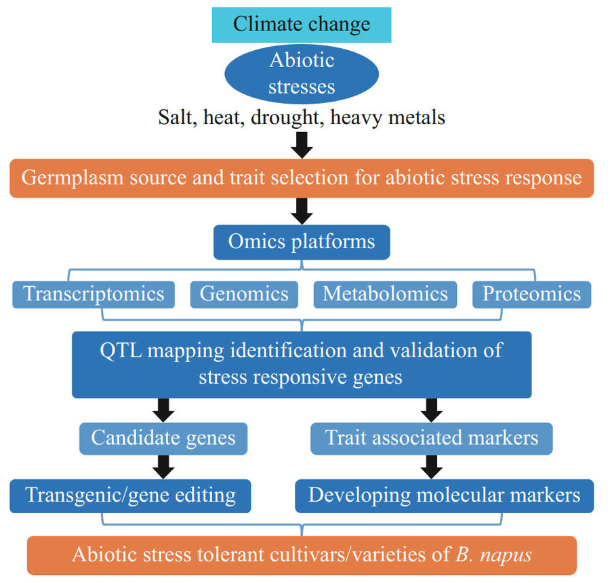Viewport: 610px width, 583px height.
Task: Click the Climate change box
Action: [x=302, y=25]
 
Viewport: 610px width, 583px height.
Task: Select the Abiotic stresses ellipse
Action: [x=302, y=73]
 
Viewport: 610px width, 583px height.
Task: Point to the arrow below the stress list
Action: [x=302, y=144]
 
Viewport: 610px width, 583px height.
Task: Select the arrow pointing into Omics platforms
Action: [x=302, y=211]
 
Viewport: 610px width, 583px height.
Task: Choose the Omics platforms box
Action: [x=302, y=242]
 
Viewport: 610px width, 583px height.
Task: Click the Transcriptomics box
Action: [x=94, y=294]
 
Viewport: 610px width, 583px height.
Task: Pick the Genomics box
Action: [x=244, y=294]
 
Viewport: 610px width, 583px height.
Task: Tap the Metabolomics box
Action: [x=385, y=294]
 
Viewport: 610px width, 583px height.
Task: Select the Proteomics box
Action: [x=531, y=294]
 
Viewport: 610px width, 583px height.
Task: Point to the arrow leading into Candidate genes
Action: [x=163, y=409]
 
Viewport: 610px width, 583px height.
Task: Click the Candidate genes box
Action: [x=163, y=437]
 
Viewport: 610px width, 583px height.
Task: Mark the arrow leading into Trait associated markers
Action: [x=432, y=409]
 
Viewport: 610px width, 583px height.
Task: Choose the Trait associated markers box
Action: [x=432, y=437]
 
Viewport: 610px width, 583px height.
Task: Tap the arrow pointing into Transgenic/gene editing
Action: [x=163, y=466]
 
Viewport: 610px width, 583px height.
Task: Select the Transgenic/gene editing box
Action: [x=130, y=495]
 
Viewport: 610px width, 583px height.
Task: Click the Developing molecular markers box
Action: [x=444, y=495]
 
